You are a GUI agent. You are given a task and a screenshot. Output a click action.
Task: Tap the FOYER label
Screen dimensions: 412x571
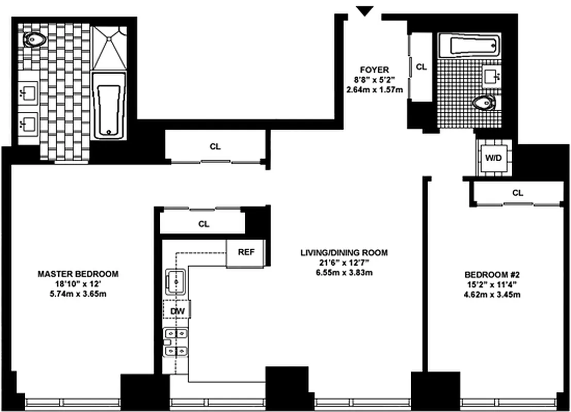tap(374, 70)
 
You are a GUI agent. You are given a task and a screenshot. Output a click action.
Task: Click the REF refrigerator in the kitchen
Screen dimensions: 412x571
tap(245, 253)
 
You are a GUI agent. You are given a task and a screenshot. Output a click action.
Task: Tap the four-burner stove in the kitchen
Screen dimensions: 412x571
tap(175, 343)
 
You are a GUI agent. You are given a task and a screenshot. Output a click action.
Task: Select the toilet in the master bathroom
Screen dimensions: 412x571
tap(35, 39)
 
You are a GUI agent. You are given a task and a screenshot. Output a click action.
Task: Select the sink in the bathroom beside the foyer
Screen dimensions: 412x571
tap(492, 77)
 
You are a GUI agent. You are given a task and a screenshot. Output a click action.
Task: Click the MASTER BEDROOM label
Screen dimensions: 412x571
tap(78, 273)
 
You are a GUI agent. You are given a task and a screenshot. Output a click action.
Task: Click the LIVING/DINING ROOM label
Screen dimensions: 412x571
tap(344, 252)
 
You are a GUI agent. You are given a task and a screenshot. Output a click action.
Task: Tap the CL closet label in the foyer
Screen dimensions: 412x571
tap(421, 66)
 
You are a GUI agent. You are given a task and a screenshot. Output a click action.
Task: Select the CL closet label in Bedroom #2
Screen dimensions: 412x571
tap(517, 193)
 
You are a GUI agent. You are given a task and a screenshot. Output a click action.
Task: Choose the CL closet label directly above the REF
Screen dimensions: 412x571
tap(203, 225)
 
